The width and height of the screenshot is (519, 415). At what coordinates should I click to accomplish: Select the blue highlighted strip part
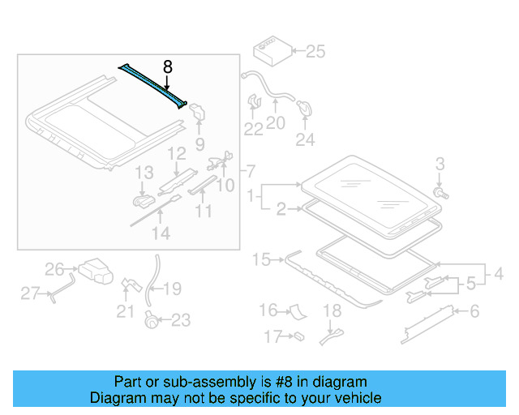154,83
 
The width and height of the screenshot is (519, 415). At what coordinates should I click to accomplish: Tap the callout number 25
314,53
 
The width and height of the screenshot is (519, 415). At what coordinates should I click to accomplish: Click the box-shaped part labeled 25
270,51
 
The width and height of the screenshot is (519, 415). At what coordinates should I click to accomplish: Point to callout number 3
440,165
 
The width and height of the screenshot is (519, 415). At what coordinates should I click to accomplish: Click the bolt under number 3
440,194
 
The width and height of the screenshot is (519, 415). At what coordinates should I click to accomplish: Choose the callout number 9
199,146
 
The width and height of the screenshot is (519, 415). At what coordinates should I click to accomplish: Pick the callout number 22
254,129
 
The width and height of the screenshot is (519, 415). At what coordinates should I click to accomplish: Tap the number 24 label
305,139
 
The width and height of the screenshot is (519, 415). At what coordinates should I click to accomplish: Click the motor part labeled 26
95,271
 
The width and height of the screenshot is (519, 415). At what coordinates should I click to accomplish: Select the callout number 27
31,293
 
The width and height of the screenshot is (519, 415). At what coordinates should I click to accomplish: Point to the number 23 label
180,321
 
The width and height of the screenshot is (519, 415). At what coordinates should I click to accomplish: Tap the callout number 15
261,259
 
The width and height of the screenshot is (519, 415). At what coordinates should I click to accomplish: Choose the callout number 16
268,310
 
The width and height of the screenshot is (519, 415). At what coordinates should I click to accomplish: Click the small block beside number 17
298,334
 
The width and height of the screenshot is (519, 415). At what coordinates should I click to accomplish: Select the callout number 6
474,310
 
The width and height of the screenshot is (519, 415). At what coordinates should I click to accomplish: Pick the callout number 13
144,173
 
